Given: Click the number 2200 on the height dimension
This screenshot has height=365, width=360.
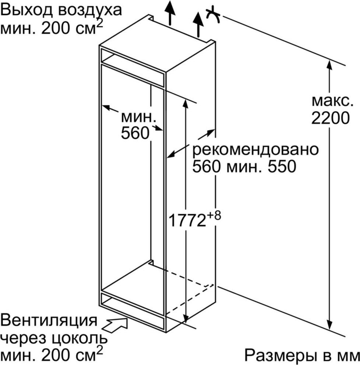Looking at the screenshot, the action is pyautogui.click(x=331, y=118).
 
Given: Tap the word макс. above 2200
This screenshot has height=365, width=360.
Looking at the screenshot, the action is pyautogui.click(x=332, y=101).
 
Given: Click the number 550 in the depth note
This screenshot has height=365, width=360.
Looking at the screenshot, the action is pyautogui.click(x=282, y=166).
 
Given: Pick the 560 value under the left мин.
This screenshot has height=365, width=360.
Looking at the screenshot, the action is pyautogui.click(x=135, y=133).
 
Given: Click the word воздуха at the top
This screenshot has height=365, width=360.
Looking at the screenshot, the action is pyautogui.click(x=90, y=11).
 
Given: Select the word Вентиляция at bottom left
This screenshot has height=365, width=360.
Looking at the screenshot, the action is pyautogui.click(x=48, y=320).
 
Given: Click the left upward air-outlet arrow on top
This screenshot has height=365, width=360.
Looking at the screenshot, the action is pyautogui.click(x=170, y=13).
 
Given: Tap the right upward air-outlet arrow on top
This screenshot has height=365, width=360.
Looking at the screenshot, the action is pyautogui.click(x=198, y=25).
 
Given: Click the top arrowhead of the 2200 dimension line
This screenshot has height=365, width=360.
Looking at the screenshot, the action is pyautogui.click(x=329, y=64).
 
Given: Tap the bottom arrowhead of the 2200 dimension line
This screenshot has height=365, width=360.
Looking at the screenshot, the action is pyautogui.click(x=329, y=324).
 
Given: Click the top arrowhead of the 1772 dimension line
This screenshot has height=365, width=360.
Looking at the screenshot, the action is pyautogui.click(x=185, y=103).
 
